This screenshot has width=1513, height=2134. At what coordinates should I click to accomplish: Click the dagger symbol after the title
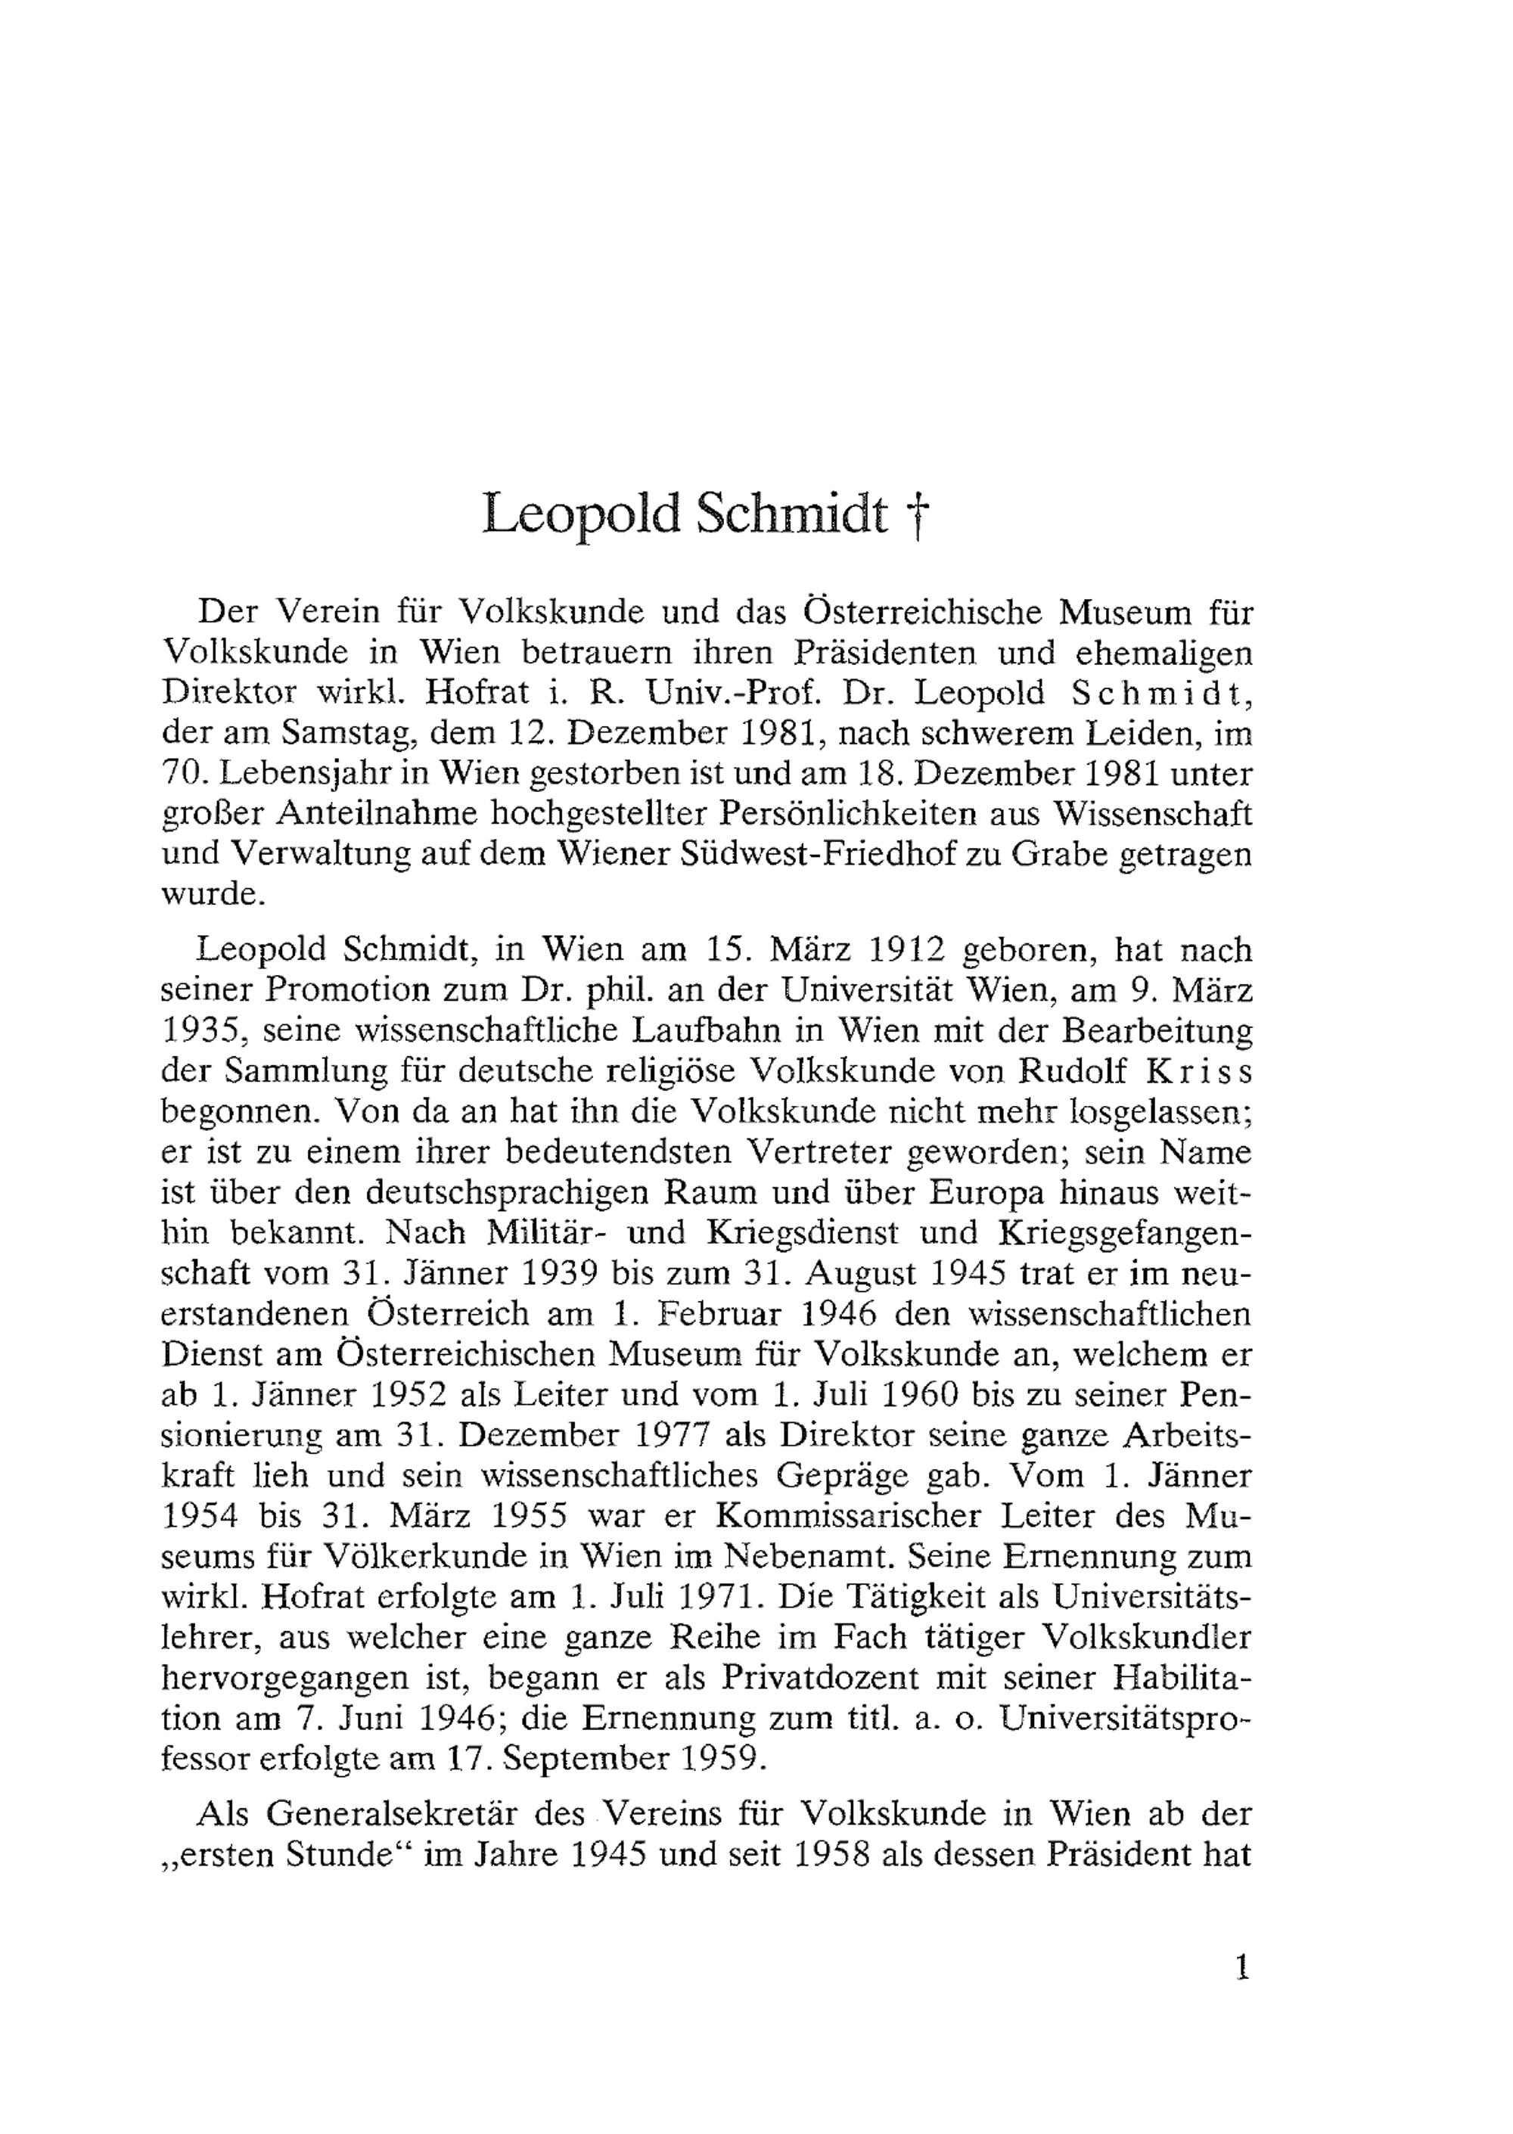click(918, 516)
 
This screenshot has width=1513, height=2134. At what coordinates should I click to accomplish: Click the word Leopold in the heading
click(580, 514)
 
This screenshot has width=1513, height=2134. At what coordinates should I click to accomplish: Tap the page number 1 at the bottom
click(1240, 1968)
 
